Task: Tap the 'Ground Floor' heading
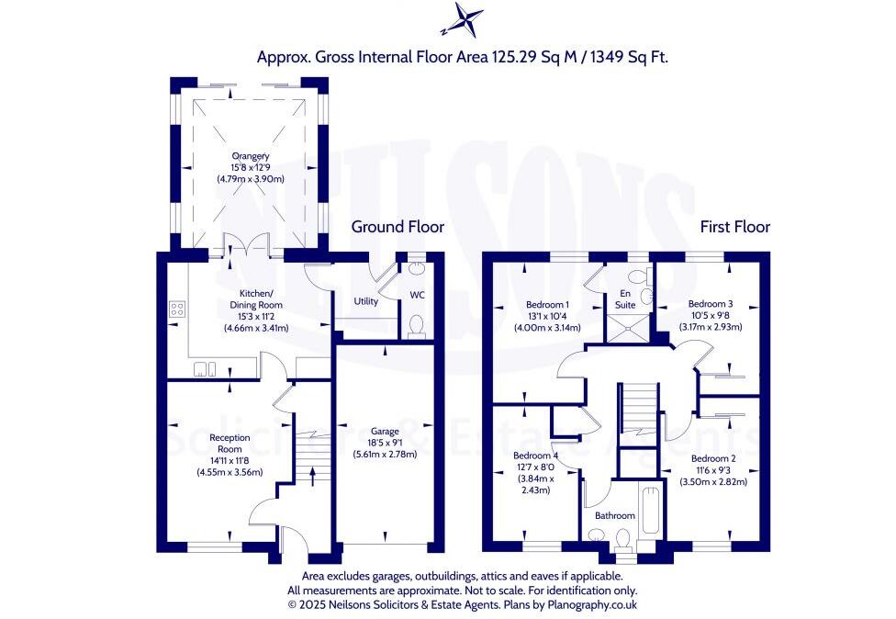click(x=398, y=226)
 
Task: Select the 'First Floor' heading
click(x=734, y=226)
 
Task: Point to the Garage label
click(x=385, y=430)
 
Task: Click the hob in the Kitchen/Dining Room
click(x=176, y=309)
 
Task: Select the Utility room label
click(x=365, y=301)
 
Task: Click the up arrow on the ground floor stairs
click(x=312, y=475)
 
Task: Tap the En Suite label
click(x=624, y=298)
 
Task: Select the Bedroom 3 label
click(x=711, y=304)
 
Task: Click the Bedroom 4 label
click(x=537, y=456)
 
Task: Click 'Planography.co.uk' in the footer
click(x=591, y=605)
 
